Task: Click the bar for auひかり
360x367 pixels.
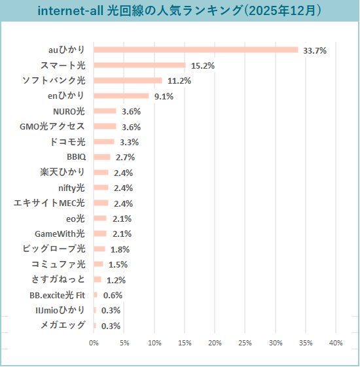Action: (196, 50)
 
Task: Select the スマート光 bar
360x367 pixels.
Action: (139, 65)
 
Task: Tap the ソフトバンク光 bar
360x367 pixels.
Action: (128, 80)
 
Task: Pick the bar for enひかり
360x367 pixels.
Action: (121, 96)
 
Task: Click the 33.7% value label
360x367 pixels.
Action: (315, 50)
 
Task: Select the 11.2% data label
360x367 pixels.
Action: (179, 81)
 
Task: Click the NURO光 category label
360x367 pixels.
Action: (69, 111)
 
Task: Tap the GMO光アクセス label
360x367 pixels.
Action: (52, 126)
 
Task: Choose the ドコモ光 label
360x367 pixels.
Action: (67, 142)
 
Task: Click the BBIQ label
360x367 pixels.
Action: (75, 157)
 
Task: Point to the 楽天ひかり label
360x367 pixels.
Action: (62, 173)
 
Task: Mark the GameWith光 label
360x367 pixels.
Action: (60, 234)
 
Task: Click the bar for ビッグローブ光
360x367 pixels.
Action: (99, 249)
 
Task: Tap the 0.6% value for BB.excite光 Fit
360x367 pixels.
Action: (113, 295)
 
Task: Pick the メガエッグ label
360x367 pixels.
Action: (63, 325)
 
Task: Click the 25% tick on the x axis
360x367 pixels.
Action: (245, 343)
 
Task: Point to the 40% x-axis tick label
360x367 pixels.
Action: (336, 343)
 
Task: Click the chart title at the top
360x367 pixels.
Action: (179, 11)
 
